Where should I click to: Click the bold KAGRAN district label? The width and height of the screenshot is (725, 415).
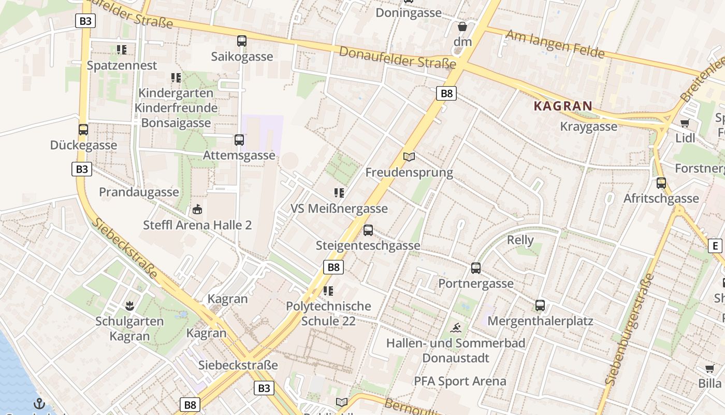(x=562, y=106)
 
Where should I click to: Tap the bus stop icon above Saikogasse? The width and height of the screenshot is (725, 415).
(x=242, y=41)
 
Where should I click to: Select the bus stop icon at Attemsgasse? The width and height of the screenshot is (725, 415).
(x=239, y=140)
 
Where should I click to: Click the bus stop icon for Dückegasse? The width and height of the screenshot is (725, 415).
(x=83, y=130)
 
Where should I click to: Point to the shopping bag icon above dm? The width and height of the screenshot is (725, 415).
(x=462, y=26)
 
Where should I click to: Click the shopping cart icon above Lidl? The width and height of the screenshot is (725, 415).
(x=685, y=123)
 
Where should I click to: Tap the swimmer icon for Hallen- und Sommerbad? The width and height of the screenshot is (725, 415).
(x=456, y=328)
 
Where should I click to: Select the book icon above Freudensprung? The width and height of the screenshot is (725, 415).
(x=409, y=157)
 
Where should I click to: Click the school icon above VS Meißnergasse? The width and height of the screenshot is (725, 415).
(x=339, y=193)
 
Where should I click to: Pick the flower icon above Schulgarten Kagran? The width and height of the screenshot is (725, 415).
(x=129, y=306)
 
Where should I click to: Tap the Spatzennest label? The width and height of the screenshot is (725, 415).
(x=122, y=65)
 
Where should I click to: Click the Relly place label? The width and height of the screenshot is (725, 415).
(x=520, y=240)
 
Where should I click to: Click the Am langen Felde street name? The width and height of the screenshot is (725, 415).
(x=555, y=44)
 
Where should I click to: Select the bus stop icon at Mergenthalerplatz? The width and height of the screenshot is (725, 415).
(x=540, y=306)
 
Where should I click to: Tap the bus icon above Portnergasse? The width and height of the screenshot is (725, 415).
(x=476, y=268)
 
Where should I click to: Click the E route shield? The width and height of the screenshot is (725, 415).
(x=715, y=246)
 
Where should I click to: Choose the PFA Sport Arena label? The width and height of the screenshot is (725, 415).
(x=460, y=381)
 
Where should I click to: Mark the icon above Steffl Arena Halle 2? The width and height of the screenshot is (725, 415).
(x=197, y=210)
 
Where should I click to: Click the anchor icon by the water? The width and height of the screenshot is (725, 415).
(x=39, y=404)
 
